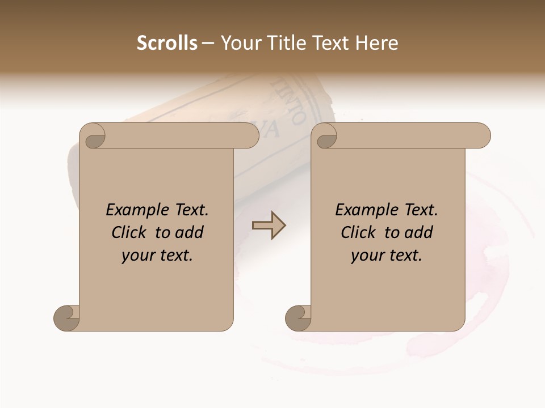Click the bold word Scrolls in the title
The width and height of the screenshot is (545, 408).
167,43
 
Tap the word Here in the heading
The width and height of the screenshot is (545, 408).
376,43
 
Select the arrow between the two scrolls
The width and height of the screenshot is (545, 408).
269,226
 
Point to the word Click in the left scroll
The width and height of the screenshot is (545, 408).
131,232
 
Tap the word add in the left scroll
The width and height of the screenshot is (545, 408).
190,232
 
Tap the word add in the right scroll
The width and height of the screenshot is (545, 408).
419,232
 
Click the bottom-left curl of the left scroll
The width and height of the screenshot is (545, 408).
67,318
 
